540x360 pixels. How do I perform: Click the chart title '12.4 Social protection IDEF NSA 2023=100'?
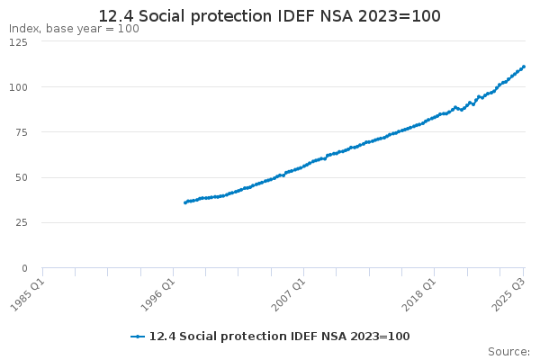click(270, 16)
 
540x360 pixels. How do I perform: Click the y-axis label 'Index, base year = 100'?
click(74, 29)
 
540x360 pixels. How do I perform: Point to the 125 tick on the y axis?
click(18, 42)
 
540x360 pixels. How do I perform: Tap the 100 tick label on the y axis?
click(18, 87)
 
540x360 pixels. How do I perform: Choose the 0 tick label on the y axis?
click(24, 267)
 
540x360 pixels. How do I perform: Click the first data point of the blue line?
click(184, 202)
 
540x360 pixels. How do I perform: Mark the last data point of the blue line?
click(524, 67)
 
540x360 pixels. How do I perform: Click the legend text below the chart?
click(279, 336)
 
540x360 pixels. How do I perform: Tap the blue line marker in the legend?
click(138, 336)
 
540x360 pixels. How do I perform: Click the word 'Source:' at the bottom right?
click(508, 351)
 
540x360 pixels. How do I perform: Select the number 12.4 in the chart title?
click(113, 16)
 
